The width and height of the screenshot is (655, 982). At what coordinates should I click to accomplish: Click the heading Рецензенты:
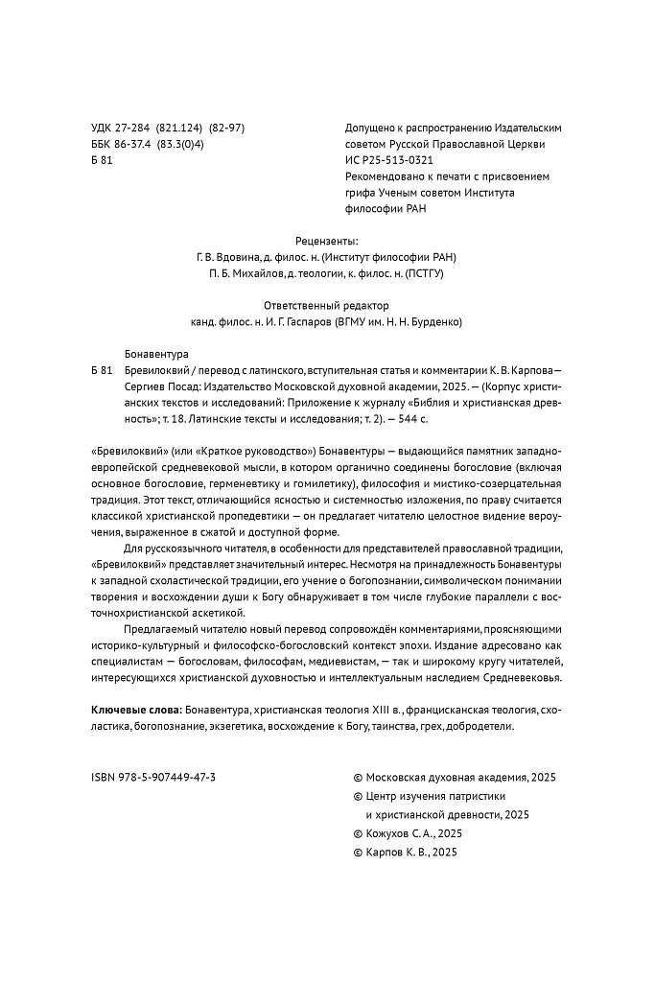[327, 241]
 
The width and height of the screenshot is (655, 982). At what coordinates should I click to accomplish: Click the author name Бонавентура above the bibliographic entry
[157, 353]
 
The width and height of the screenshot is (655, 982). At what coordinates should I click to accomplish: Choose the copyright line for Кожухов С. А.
[413, 832]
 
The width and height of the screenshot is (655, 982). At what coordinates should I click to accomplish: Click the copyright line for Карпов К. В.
[410, 852]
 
